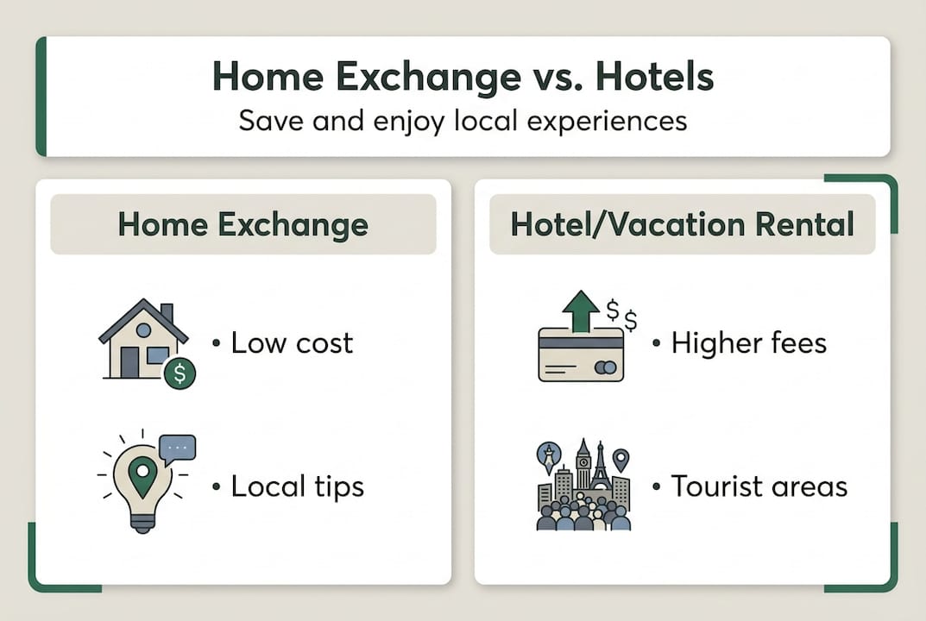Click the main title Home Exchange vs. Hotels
point(463,78)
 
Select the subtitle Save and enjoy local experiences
point(463,120)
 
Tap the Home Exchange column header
point(243,225)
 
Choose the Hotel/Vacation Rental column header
point(682,225)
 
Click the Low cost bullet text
point(292,343)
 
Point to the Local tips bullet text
point(297,486)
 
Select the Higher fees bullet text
point(748,343)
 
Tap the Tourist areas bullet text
point(759,486)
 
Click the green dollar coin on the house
point(180,373)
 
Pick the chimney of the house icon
point(167,312)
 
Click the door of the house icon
point(129,362)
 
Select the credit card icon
point(581,354)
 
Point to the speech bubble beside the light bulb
point(178,449)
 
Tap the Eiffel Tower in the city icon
point(600,466)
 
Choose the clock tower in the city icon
point(583,466)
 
